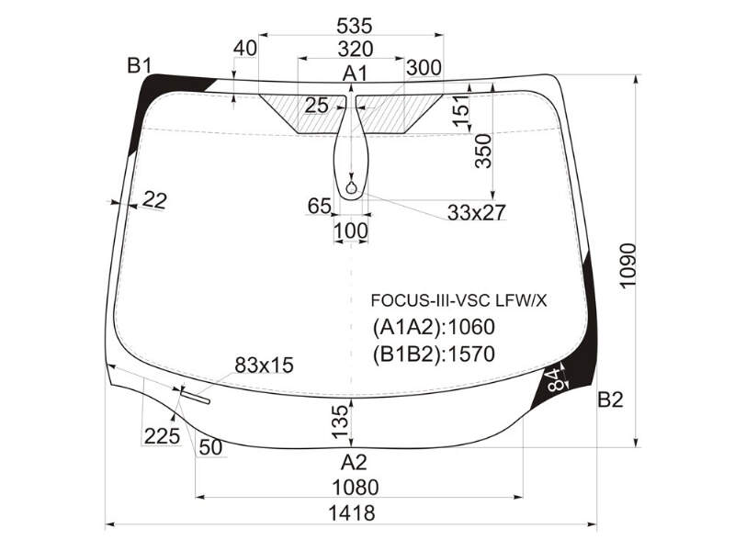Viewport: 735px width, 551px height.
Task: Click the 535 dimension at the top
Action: [x=354, y=26]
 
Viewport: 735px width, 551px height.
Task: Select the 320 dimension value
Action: [x=356, y=49]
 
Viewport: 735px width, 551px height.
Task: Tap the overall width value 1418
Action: [x=352, y=513]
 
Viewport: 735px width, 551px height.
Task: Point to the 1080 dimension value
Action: [x=355, y=488]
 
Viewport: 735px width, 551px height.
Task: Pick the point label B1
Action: [x=140, y=65]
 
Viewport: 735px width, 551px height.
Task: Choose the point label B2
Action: [x=610, y=399]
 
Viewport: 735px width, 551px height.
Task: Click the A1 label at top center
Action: [x=356, y=73]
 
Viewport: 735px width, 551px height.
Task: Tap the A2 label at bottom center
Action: [x=354, y=462]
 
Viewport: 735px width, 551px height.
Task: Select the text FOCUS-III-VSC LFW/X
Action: [x=458, y=300]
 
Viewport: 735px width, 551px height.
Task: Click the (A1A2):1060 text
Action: [x=434, y=327]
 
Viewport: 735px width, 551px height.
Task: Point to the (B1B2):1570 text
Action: [x=434, y=354]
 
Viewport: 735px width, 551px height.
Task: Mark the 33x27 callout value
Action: [x=477, y=213]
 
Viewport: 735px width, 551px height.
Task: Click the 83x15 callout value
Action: [x=264, y=365]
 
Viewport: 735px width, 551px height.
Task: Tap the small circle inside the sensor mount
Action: [x=351, y=188]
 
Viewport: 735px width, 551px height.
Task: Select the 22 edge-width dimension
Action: [x=154, y=200]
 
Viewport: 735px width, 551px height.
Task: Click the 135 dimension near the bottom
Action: [x=341, y=422]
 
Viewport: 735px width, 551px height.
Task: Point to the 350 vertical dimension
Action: [x=483, y=151]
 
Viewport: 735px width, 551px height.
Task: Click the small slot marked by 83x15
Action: [x=195, y=397]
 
